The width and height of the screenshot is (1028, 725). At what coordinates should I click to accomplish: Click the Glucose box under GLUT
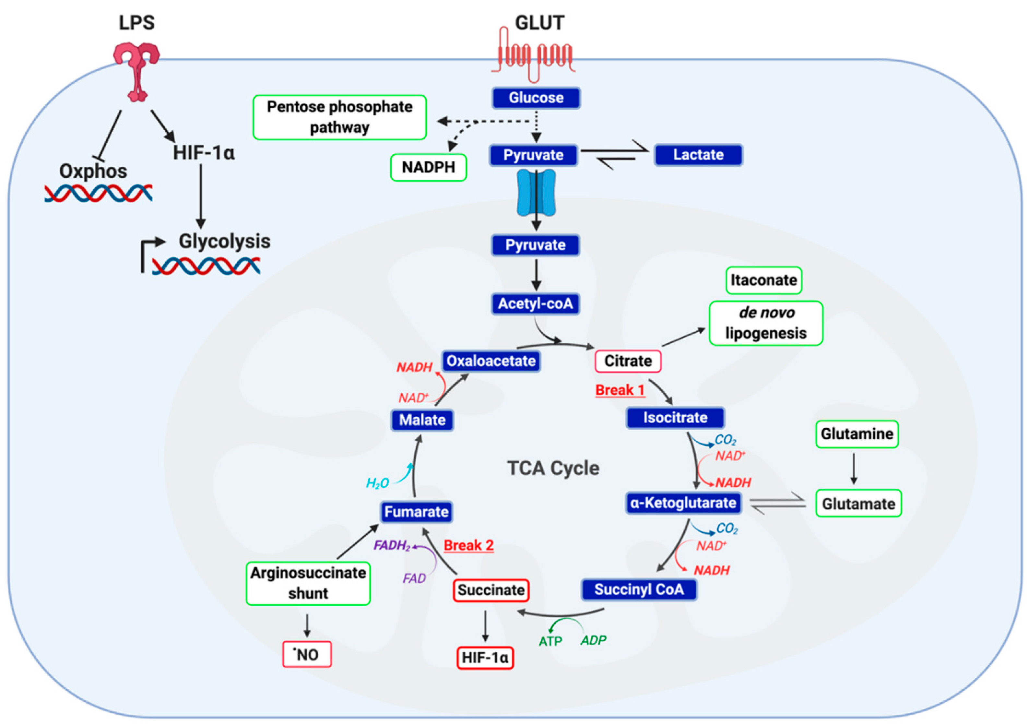pos(536,98)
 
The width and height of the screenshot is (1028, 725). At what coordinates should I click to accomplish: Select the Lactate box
pos(698,155)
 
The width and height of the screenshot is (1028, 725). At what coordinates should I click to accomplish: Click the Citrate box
pos(628,361)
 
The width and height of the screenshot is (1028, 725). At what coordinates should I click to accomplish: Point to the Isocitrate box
pos(675,418)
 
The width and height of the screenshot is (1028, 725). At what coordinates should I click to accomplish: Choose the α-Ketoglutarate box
pos(683,503)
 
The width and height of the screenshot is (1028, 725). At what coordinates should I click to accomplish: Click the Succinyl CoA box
pos(639,589)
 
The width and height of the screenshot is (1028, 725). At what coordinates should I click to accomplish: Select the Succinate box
pos(491,590)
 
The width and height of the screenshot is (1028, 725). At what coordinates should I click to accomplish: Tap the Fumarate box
pos(416,512)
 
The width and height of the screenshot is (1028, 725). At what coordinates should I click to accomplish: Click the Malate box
pos(422,420)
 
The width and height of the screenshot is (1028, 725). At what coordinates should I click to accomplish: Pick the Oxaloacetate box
pos(491,361)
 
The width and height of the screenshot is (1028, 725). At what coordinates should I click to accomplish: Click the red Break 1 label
pos(620,390)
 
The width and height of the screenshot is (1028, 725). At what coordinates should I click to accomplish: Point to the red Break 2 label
pos(468,545)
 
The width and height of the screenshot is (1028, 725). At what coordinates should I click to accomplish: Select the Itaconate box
pos(763,280)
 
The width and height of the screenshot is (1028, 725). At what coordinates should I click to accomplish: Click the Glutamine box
pos(857,434)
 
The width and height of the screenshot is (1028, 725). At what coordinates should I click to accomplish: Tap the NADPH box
pos(429,168)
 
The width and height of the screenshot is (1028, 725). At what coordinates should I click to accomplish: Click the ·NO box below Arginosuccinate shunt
pos(307,655)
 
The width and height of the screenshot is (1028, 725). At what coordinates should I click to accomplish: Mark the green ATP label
pos(550,641)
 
